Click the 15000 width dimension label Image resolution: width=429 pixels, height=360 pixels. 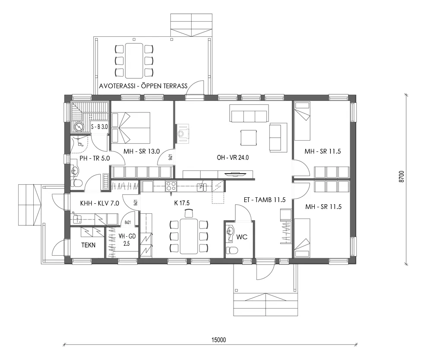pos(219,340)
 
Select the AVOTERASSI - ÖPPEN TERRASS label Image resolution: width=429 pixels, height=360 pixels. pos(143,86)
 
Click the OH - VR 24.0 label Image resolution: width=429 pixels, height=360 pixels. pos(233,158)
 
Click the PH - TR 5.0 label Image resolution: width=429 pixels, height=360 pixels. pos(94,158)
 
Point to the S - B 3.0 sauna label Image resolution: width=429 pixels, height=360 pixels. pos(99,127)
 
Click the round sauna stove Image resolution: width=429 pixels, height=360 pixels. pos(79,127)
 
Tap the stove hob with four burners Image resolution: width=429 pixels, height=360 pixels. pos(170,187)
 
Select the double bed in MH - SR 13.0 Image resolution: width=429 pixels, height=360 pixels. pos(131,128)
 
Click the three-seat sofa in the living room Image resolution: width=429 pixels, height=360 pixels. pos(249,116)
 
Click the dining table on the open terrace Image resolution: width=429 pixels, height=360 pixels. pos(134,60)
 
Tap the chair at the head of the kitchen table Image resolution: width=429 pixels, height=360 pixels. pos(189,213)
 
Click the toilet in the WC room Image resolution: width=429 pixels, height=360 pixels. pos(233,250)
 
